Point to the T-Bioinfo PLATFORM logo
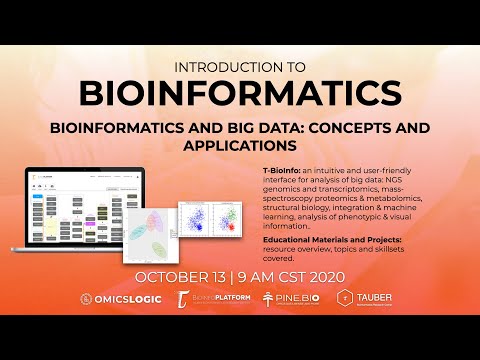[x=210, y=299]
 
